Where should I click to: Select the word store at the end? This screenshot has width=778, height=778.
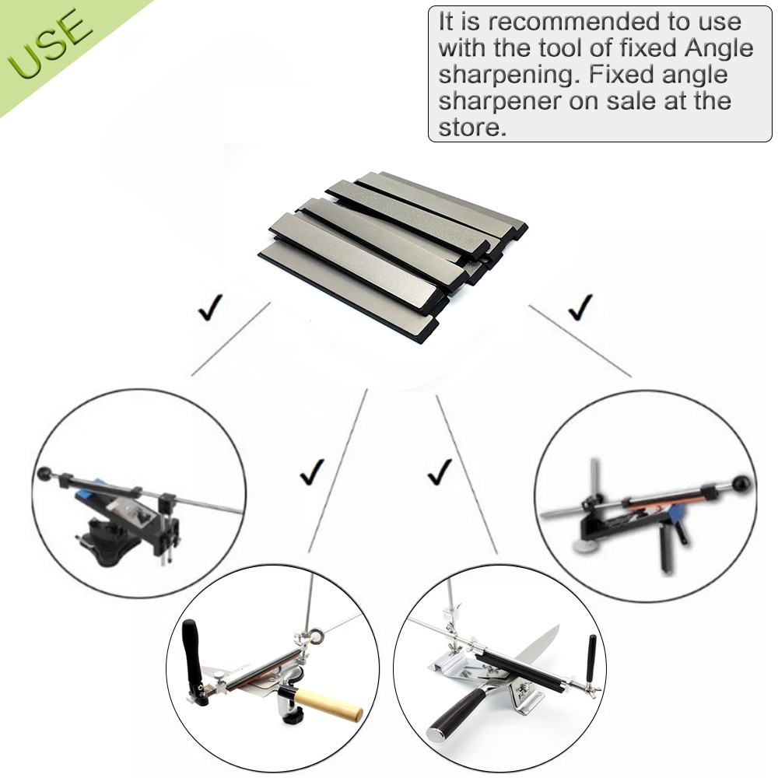(x=472, y=128)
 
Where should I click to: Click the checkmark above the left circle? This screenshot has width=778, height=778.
(x=210, y=307)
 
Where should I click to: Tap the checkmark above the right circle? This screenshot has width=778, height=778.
(x=580, y=307)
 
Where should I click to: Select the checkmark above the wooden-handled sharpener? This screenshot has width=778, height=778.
(x=312, y=472)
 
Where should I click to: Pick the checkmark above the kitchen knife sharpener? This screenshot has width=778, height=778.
(x=440, y=472)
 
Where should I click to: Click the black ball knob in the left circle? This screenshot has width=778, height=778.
(x=44, y=474)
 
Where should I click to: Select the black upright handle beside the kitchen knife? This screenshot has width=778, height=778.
(x=591, y=659)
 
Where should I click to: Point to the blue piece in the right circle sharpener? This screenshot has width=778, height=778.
(x=675, y=517)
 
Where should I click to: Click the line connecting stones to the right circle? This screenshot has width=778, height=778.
(x=580, y=342)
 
